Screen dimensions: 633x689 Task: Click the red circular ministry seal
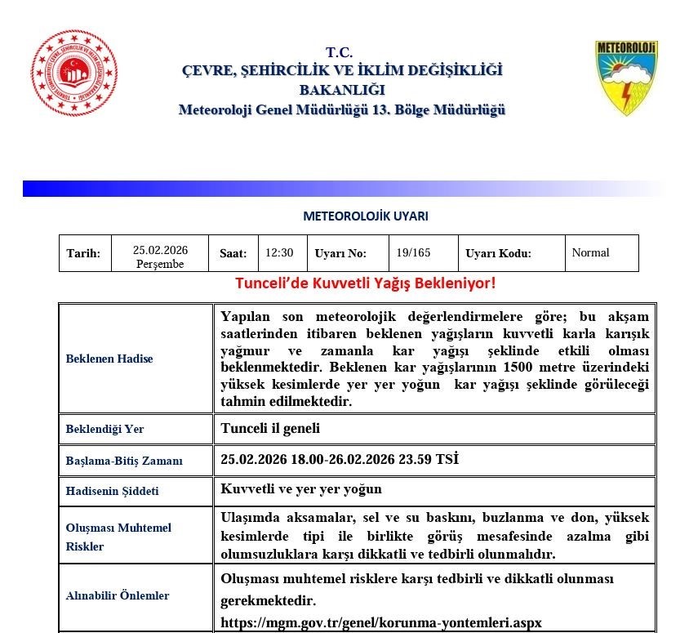tap(74, 74)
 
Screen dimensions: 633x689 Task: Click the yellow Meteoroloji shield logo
tap(626, 78)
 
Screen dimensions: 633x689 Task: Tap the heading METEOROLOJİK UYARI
tap(365, 216)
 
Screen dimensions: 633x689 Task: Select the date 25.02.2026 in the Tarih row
tap(160, 250)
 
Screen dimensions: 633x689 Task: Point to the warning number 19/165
tap(413, 252)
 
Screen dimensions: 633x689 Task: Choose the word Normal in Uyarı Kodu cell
tap(590, 252)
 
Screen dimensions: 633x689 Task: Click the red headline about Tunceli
tap(365, 283)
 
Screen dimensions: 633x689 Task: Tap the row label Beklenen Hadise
tap(109, 359)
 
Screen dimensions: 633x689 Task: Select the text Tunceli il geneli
tap(270, 428)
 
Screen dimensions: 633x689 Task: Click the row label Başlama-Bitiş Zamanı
tap(124, 461)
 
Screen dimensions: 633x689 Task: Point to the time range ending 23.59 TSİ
tap(340, 459)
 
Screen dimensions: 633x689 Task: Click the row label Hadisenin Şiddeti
tap(112, 491)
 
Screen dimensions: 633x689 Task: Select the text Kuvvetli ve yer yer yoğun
tap(301, 489)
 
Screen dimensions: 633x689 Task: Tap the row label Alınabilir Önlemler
tap(118, 595)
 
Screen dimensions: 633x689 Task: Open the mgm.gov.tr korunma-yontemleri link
tap(381, 622)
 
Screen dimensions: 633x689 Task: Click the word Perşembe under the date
tap(160, 264)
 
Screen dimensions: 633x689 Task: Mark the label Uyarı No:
tap(340, 253)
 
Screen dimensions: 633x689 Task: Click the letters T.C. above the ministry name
tap(339, 52)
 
